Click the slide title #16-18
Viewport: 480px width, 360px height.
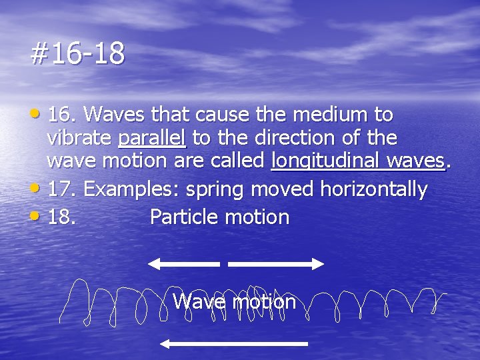77,54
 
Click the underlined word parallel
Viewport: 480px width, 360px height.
153,139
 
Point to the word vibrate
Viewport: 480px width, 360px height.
79,139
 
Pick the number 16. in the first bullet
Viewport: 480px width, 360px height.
63,115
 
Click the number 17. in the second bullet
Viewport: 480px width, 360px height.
63,189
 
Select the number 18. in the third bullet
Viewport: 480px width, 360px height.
63,217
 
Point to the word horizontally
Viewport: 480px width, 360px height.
373,189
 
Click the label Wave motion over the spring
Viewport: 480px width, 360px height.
234,301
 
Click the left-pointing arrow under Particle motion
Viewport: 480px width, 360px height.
183,264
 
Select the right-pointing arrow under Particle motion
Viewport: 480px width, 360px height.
275,264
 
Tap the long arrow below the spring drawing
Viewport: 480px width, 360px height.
233,344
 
